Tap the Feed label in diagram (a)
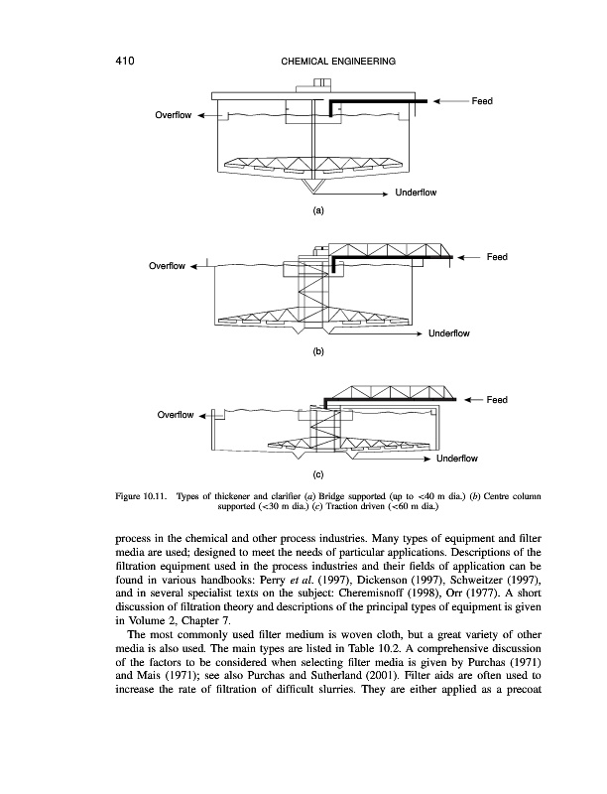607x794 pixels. pos(482,101)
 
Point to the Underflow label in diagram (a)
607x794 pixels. pos(416,192)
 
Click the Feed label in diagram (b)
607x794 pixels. pos(497,257)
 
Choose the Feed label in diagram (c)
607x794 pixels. pos(497,400)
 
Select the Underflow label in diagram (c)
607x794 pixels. pos(457,459)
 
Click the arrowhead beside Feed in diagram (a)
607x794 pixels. pos(441,101)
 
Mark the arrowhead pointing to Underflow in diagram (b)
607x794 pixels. pos(421,333)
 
